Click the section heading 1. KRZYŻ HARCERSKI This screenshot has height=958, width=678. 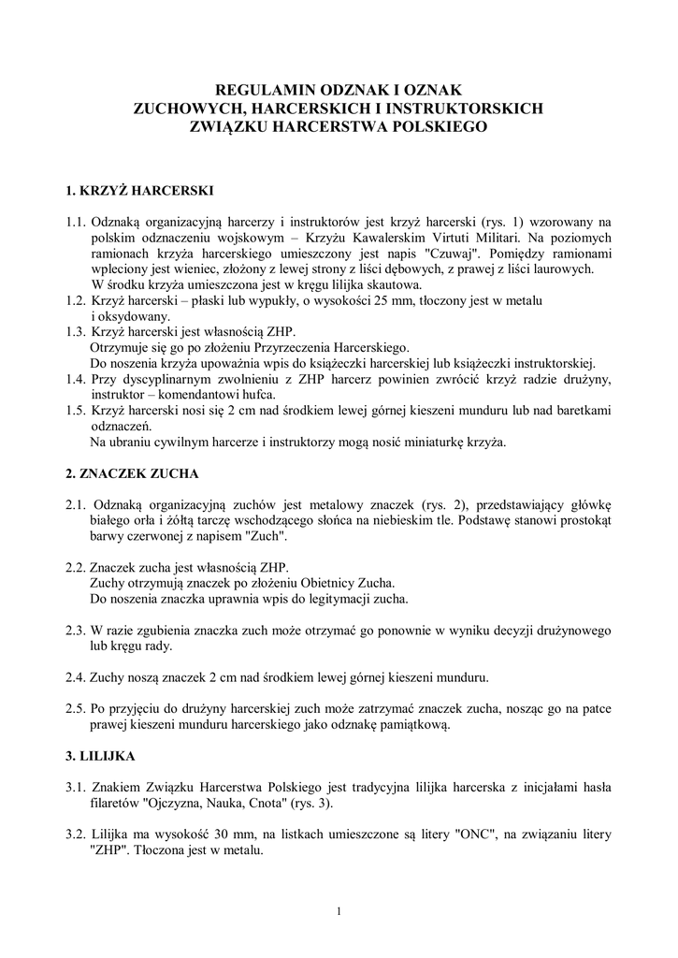pyautogui.click(x=140, y=191)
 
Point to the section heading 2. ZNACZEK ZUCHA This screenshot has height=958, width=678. pyautogui.click(x=132, y=473)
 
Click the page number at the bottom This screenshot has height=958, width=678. pyautogui.click(x=339, y=911)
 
